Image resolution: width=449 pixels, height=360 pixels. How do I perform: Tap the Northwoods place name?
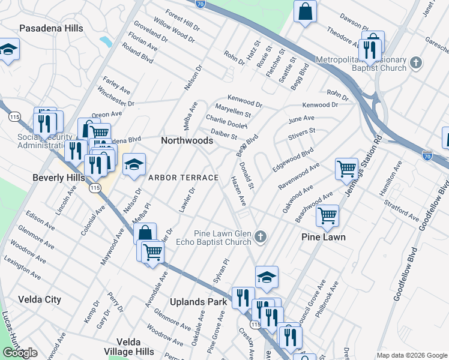tap(187, 140)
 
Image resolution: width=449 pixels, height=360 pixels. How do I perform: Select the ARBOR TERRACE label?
tap(183, 178)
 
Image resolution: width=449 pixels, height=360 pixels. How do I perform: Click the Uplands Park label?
tap(198, 302)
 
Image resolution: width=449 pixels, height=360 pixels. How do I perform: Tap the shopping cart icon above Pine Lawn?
tap(327, 215)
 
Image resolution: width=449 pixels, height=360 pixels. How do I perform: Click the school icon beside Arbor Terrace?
tap(134, 164)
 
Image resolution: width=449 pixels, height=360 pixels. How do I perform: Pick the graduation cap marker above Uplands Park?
tap(267, 277)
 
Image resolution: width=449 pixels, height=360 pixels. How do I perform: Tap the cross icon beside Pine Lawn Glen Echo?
tap(260, 237)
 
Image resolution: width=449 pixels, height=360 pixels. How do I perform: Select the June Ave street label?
tap(301, 119)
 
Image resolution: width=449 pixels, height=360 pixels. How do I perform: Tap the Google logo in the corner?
tap(20, 353)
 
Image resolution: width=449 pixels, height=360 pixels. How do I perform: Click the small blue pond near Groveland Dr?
tap(106, 41)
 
